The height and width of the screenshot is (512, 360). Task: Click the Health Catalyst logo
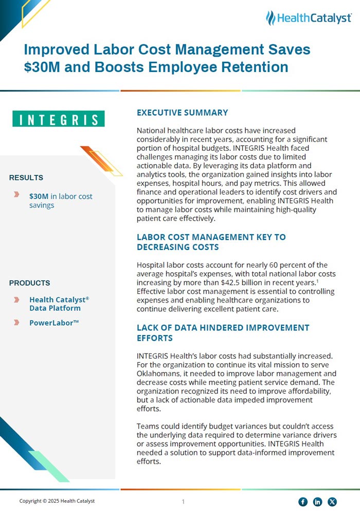(309, 18)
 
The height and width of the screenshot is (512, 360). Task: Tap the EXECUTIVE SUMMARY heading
(182, 113)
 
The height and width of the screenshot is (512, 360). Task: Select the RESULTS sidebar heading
(26, 178)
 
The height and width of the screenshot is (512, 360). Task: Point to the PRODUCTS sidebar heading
(30, 283)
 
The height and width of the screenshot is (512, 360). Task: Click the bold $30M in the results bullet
(39, 196)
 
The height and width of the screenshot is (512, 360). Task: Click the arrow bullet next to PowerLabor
(17, 323)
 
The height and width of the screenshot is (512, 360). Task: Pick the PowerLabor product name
(53, 323)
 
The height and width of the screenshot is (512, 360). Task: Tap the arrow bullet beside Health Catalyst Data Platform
(17, 299)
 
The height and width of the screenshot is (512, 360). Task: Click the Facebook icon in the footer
(303, 502)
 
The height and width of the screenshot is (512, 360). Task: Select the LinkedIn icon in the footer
(318, 502)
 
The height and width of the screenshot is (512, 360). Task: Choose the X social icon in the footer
(333, 502)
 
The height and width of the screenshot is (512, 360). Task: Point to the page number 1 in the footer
(183, 502)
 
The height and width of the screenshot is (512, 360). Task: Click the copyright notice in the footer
(57, 501)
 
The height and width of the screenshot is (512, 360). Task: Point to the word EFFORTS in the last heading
(155, 338)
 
